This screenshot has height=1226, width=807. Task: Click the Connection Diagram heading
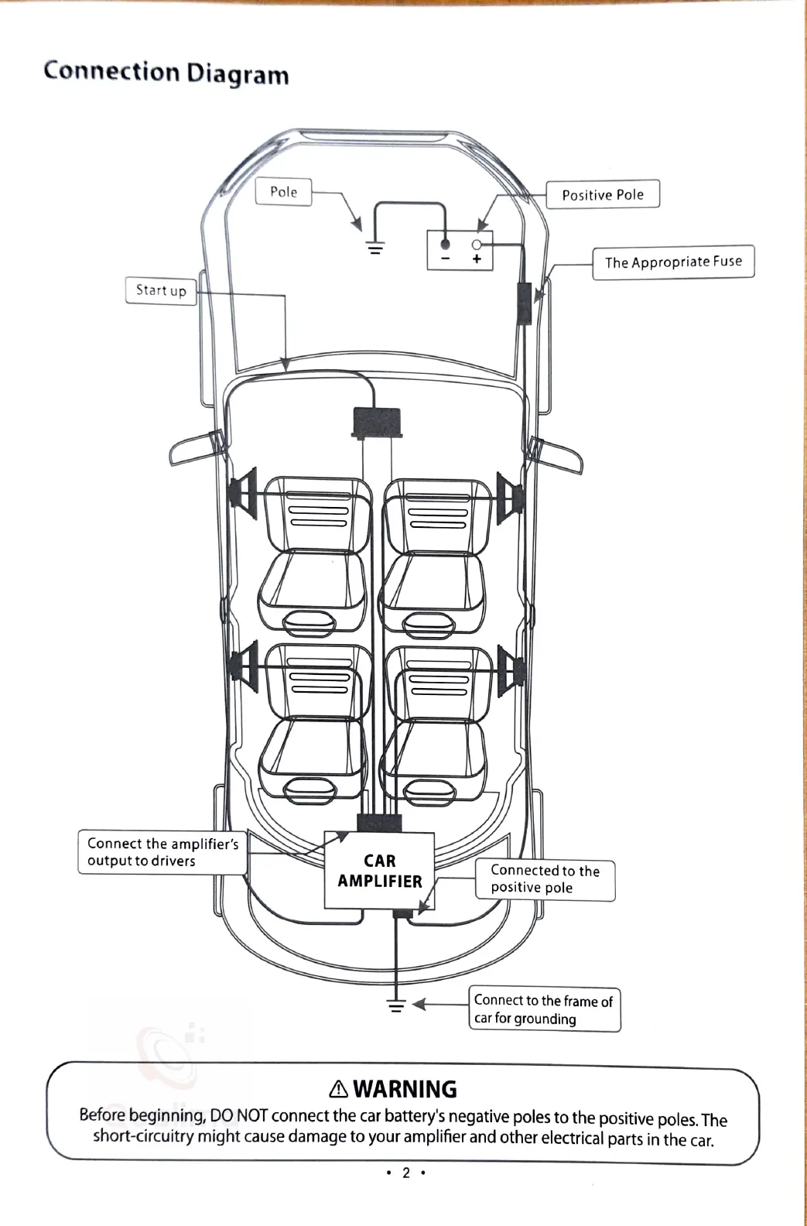click(166, 72)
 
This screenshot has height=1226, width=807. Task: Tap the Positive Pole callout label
click(603, 194)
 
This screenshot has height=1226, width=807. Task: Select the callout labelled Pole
click(283, 192)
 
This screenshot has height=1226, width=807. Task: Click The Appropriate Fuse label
click(672, 262)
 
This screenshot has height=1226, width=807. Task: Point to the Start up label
click(161, 290)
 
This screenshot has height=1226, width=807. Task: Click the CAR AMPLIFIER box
click(379, 871)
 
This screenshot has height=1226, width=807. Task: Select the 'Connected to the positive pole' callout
click(545, 879)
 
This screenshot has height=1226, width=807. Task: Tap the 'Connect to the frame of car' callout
click(544, 1009)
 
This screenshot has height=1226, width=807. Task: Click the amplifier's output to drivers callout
click(162, 852)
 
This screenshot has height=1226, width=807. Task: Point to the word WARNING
click(405, 1089)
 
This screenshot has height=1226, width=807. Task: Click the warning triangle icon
click(338, 1089)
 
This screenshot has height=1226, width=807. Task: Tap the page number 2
click(405, 1173)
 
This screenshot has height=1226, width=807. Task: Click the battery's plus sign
click(477, 259)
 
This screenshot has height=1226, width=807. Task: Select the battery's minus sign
click(446, 259)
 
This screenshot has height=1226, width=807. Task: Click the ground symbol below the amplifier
click(396, 1005)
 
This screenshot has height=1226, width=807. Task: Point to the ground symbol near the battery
click(375, 248)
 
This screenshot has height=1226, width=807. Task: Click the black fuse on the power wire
click(524, 303)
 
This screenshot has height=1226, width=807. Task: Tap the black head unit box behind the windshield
click(378, 423)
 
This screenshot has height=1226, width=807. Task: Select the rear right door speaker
click(511, 668)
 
